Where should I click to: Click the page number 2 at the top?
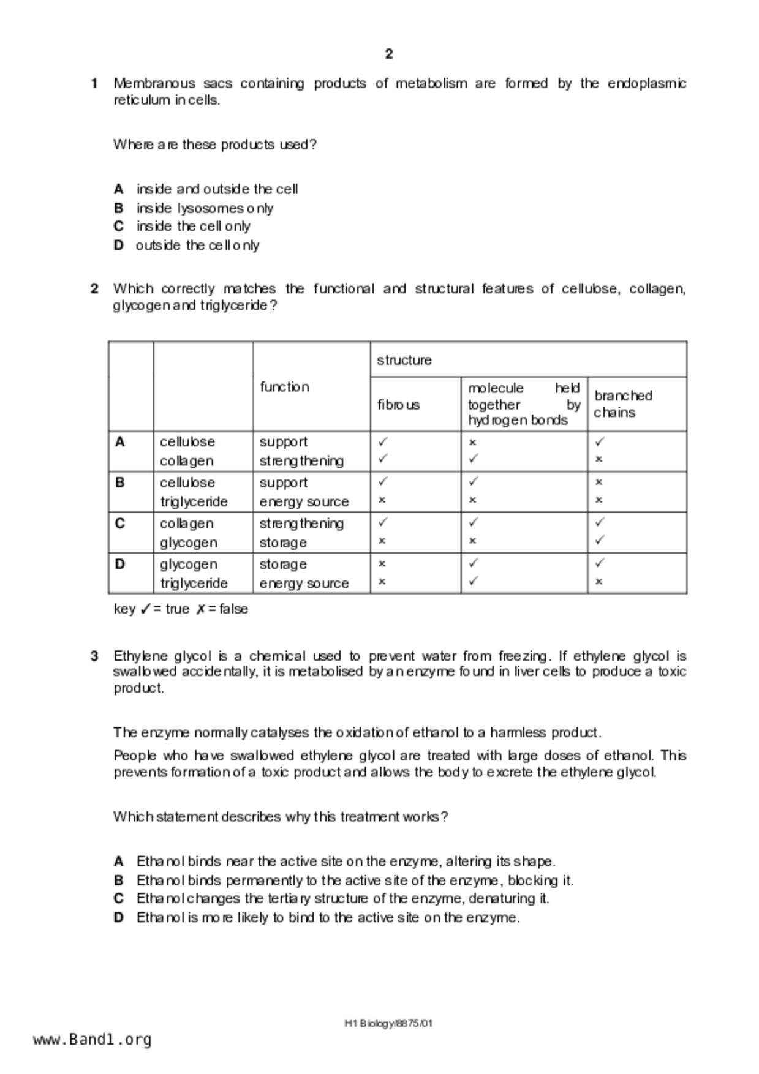point(389,54)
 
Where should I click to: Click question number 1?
point(94,83)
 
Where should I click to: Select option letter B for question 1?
point(119,208)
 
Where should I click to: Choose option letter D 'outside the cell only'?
point(119,246)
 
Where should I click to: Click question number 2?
point(94,288)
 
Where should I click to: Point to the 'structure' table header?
point(404,360)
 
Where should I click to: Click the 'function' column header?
point(284,387)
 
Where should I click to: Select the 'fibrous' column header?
point(399,405)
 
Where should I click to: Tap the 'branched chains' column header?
point(622,404)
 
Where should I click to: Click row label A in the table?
point(120,442)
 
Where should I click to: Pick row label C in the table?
point(120,524)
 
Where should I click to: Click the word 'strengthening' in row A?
point(301,461)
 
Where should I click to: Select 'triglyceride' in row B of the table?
point(194,502)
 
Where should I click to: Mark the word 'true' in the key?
point(177,609)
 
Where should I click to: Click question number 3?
point(94,656)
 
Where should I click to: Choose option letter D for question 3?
point(119,918)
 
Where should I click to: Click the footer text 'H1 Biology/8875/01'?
point(389,1023)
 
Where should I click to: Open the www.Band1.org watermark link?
point(93,1040)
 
